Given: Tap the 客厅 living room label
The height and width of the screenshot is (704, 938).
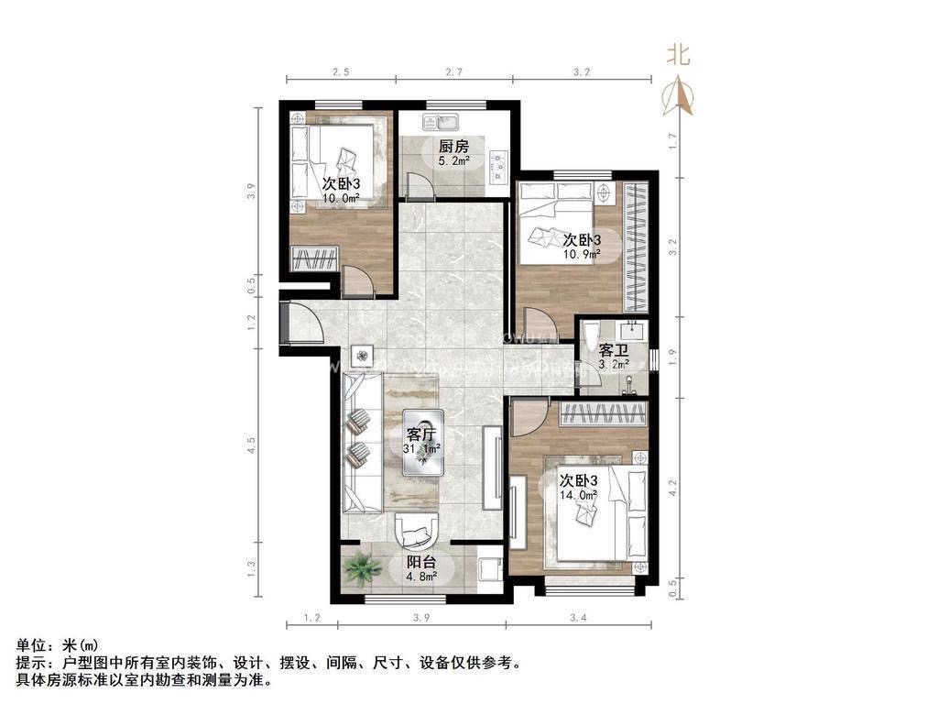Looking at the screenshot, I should coord(421,434).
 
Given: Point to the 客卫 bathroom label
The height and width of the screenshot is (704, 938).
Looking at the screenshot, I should coord(613,350).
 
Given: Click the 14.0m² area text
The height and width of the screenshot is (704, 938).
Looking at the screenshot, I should coord(579,494).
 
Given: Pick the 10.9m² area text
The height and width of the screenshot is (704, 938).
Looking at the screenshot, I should coord(581,254).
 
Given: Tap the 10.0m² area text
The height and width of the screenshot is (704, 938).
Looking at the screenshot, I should coord(340,197).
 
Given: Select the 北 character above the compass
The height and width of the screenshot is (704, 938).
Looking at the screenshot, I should coord(679,56).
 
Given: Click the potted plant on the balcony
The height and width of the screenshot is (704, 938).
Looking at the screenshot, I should coord(363,569).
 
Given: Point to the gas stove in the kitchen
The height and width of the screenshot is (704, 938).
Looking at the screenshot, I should coord(498,162).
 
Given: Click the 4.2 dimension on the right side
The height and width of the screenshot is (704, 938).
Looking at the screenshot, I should coord(674,488).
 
